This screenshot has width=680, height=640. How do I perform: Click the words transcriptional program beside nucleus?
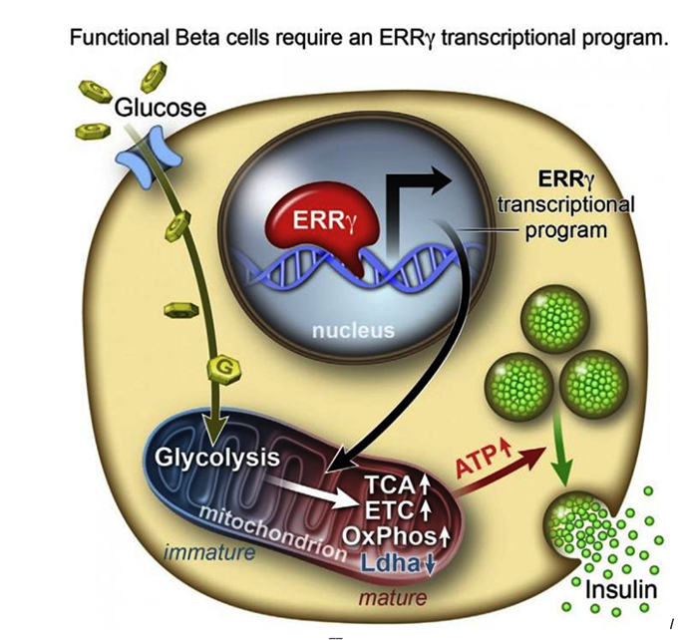pos(564,217)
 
